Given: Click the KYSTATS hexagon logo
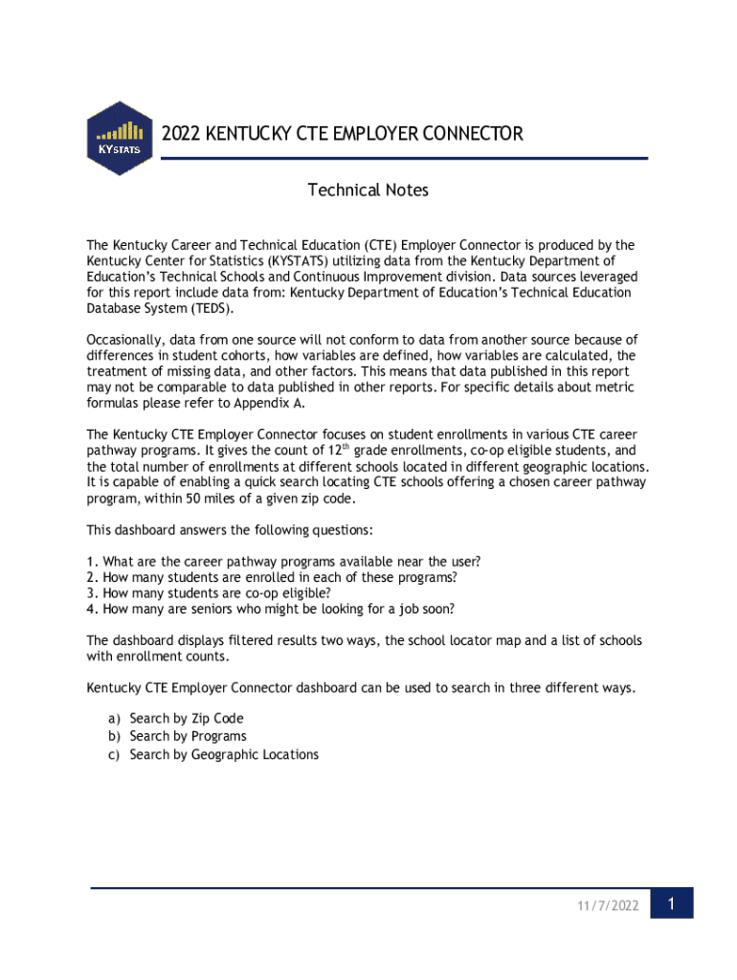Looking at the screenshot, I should point(120,138).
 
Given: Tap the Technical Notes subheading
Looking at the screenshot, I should point(368,190).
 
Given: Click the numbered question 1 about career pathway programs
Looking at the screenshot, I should point(283,561).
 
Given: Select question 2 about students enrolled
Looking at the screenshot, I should point(271,577).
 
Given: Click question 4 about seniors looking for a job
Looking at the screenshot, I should point(270,609).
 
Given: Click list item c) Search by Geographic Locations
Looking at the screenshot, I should point(213,754).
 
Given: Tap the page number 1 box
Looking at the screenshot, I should point(672,903).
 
